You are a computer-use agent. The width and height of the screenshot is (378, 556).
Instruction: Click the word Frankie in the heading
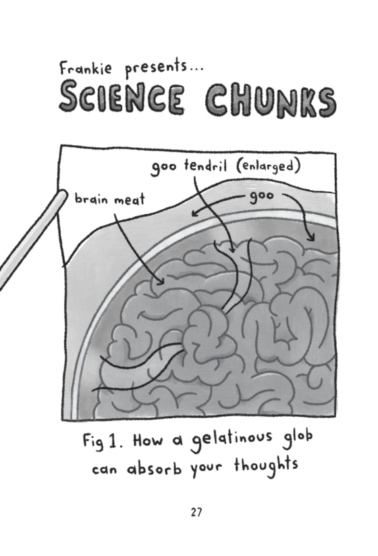coord(85,68)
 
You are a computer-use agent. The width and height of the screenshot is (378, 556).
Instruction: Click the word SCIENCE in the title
coord(122,97)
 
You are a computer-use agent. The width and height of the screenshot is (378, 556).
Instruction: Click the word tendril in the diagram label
coord(205,166)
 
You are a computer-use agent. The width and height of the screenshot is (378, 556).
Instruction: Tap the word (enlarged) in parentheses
coord(269,166)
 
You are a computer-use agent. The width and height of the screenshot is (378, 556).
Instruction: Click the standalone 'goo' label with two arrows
coord(262,197)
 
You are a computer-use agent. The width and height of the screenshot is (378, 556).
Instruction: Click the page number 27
coord(196,512)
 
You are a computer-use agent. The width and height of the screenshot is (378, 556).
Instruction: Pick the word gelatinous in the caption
coord(232,440)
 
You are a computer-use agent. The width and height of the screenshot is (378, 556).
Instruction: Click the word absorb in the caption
coord(155,468)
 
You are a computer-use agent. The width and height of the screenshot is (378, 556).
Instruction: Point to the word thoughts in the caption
coord(266,465)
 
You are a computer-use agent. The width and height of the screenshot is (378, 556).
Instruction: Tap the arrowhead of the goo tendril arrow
coord(233,249)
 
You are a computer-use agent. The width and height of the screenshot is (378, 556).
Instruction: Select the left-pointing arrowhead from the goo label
coord(194,213)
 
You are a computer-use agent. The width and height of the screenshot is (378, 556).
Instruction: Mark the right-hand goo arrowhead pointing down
coord(311,238)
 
